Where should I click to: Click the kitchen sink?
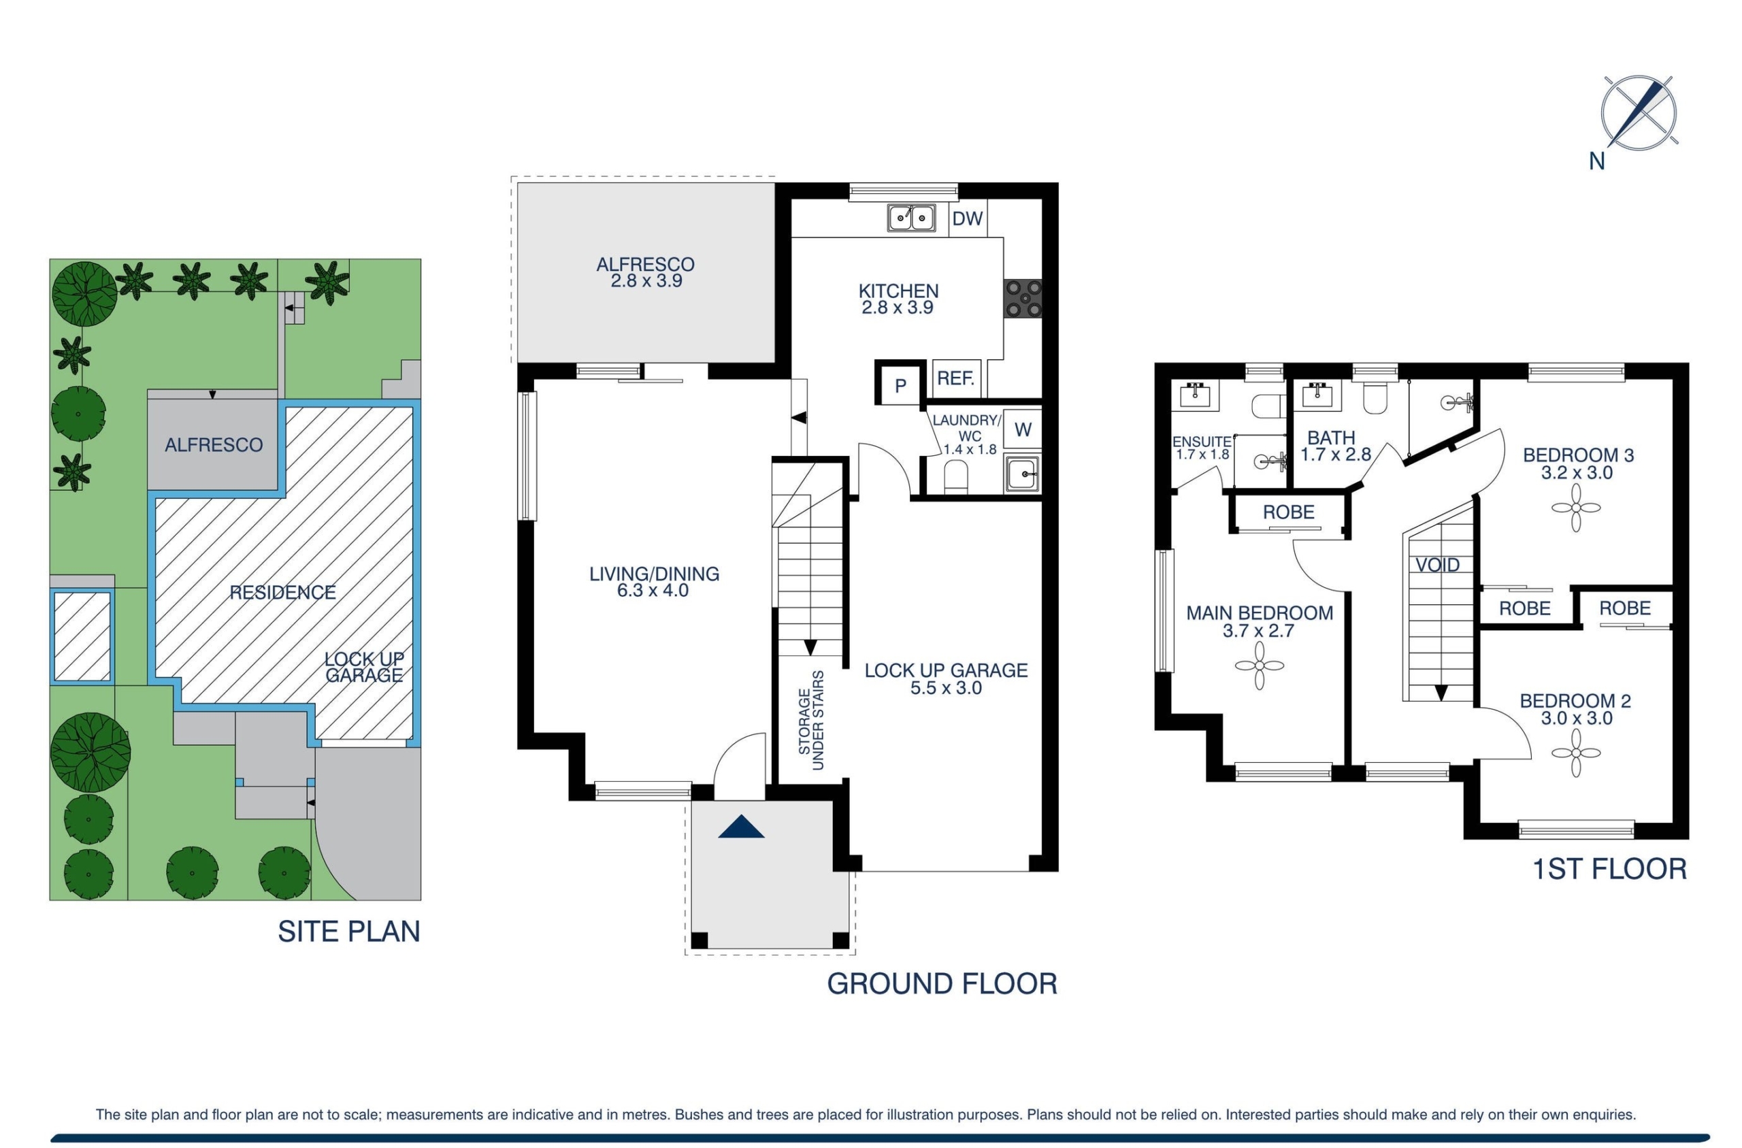[911, 218]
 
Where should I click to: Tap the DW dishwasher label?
[968, 218]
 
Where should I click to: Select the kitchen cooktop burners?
[1023, 299]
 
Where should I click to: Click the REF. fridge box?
[956, 378]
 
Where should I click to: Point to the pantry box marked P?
[900, 384]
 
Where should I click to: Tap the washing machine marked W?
[1023, 429]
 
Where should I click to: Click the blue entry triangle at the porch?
[741, 827]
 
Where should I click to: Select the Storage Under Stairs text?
[811, 721]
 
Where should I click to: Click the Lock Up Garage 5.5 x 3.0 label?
[946, 678]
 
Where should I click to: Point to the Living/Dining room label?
[654, 582]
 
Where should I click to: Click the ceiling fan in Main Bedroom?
[1259, 666]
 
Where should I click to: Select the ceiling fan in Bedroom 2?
[1576, 753]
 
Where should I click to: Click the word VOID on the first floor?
[1438, 565]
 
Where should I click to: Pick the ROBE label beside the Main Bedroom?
[1288, 512]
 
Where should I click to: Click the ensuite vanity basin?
[1200, 395]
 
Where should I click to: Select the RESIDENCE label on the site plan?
[282, 592]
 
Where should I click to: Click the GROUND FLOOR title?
[942, 983]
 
